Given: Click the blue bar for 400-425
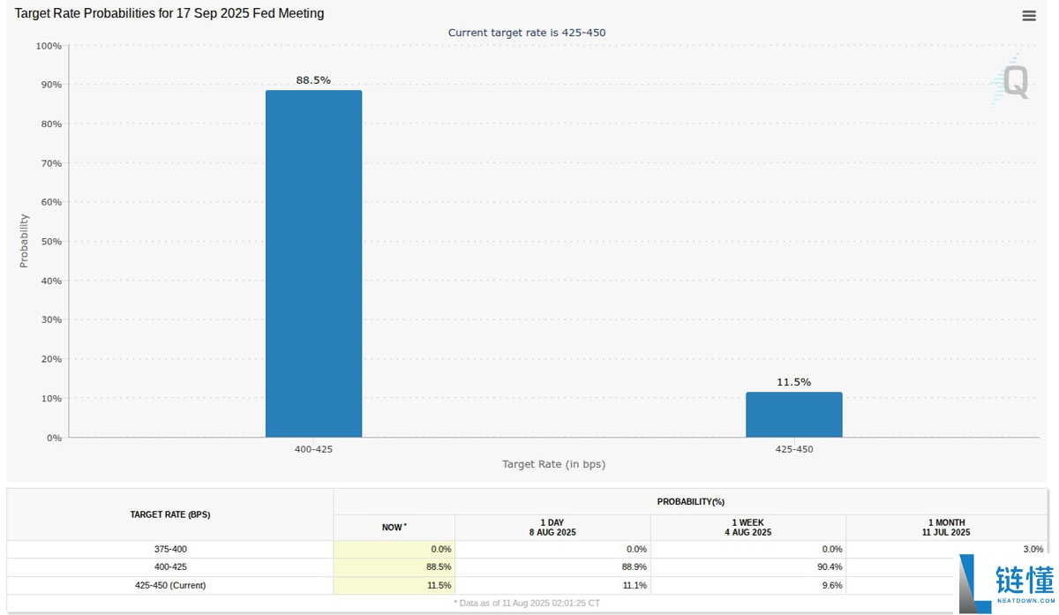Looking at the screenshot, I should point(313,264).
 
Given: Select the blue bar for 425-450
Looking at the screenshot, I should point(793,415).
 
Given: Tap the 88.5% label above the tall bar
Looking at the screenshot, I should point(313,80).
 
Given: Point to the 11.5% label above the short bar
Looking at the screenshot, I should point(793,382).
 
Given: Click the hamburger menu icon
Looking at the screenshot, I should point(1029,16).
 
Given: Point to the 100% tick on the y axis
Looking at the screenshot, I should point(48,46).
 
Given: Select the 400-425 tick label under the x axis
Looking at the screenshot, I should point(313,449).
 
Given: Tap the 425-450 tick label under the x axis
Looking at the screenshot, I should point(793,449).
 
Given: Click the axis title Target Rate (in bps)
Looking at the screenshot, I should point(553,464).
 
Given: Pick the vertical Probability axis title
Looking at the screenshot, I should point(24,241).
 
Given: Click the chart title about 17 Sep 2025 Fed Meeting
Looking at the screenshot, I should point(169,13).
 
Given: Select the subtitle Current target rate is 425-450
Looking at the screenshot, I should point(527,33).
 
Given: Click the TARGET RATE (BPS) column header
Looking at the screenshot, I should point(170,514).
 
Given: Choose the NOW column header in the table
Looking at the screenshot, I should point(394,527).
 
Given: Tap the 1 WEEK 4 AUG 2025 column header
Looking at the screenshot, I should point(747,528).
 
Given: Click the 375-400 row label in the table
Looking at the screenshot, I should point(170,549).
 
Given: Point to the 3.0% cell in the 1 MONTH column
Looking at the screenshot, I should point(1033,549).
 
